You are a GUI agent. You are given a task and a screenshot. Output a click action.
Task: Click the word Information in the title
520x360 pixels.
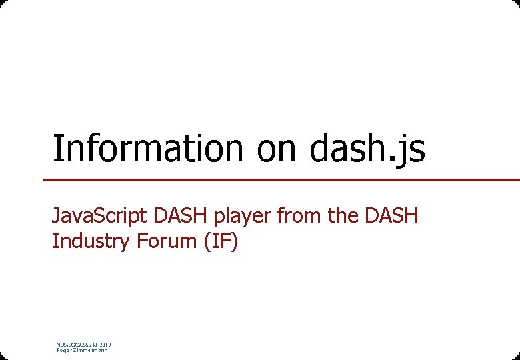click(x=147, y=148)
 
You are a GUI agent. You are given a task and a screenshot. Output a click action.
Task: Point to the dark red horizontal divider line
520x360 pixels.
click(x=280, y=179)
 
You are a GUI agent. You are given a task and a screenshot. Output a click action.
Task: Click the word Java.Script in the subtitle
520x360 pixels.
click(x=100, y=216)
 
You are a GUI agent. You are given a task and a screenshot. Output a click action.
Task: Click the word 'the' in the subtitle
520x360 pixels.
click(x=341, y=216)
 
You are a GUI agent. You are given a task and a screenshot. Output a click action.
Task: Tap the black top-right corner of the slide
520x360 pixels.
click(x=517, y=2)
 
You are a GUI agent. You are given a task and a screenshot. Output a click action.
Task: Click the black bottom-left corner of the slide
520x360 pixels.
click(x=2, y=357)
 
